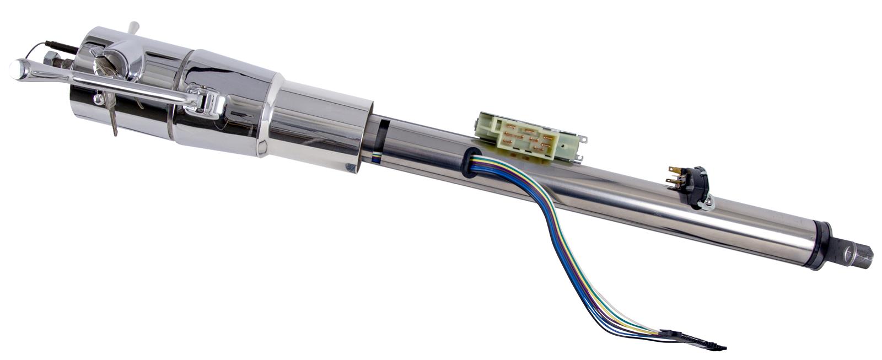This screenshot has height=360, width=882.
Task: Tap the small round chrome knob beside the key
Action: [98, 100]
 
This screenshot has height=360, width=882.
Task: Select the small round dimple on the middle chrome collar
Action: [262, 147]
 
